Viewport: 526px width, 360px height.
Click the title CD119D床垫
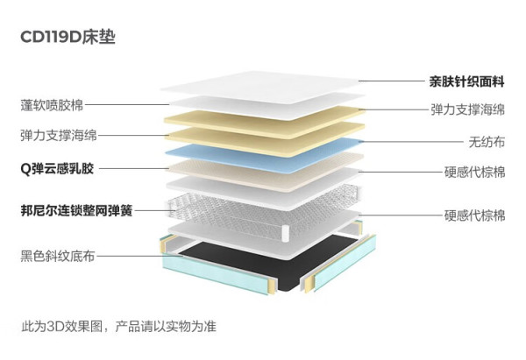(68, 37)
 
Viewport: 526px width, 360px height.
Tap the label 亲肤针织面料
(466, 81)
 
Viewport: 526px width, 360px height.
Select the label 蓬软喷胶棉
(52, 105)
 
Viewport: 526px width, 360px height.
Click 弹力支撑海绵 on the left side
(59, 136)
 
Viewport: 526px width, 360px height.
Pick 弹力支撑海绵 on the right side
(467, 109)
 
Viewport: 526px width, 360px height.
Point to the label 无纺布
(487, 142)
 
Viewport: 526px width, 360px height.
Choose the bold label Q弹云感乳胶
(57, 168)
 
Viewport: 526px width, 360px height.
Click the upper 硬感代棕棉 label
(474, 173)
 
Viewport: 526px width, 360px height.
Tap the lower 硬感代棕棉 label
(474, 215)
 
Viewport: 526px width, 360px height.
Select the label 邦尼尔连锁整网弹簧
(76, 211)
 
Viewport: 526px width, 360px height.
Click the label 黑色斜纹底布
(58, 256)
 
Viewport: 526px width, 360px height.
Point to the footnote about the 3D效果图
(118, 326)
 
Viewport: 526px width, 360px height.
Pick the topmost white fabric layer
(260, 87)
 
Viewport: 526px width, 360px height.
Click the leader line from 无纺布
(412, 142)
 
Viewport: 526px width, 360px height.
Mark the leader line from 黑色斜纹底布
(139, 256)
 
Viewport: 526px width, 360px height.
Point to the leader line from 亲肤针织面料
(392, 81)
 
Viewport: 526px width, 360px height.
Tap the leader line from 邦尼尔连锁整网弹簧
(153, 211)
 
